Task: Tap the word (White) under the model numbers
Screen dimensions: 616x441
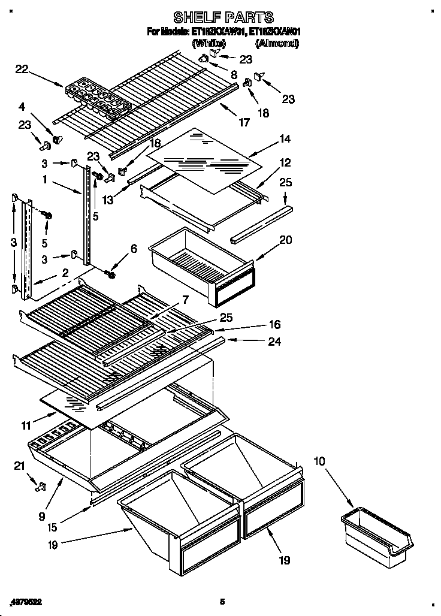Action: (208, 43)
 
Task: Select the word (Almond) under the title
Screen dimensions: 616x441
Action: (276, 43)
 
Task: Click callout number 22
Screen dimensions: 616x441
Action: (22, 70)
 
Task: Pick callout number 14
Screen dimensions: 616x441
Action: (285, 139)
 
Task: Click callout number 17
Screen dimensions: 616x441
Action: (244, 123)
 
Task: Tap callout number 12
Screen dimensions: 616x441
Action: (285, 162)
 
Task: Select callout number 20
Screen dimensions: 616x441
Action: (286, 240)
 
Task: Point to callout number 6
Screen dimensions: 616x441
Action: (133, 249)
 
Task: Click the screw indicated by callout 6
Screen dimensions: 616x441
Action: (111, 274)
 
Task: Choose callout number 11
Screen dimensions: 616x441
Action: (26, 426)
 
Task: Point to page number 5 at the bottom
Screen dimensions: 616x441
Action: (222, 601)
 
